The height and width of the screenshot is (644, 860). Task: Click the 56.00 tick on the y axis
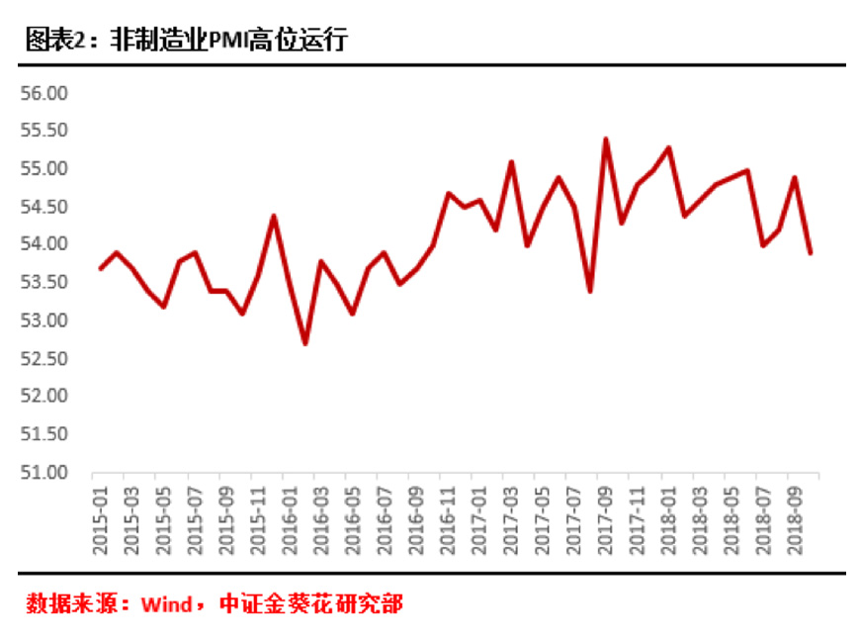coord(43,93)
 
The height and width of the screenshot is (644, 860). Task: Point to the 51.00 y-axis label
coord(43,472)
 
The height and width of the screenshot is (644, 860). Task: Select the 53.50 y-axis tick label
coord(43,283)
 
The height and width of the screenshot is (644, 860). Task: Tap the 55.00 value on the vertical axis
coord(43,169)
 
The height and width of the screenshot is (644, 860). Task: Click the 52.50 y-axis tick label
coord(43,358)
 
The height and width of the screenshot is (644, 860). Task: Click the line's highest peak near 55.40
coord(605,139)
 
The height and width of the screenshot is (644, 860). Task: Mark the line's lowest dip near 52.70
coord(305,343)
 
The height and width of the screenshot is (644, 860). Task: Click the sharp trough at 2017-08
coord(590,291)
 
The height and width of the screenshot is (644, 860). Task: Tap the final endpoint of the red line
coord(811,253)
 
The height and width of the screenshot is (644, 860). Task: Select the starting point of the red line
coord(101,268)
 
